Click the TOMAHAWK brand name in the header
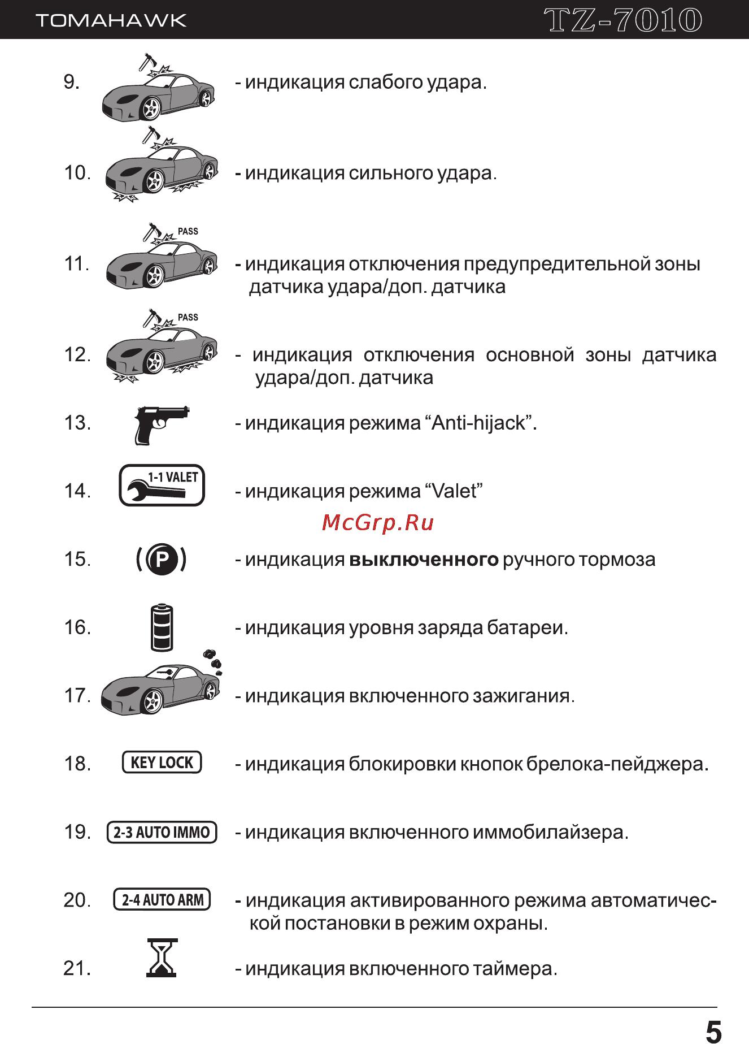(x=111, y=21)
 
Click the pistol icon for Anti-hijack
(x=160, y=423)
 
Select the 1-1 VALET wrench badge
(x=162, y=486)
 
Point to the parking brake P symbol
(x=162, y=560)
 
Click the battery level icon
(x=162, y=628)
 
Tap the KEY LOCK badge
(x=162, y=763)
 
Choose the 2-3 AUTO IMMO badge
(x=162, y=832)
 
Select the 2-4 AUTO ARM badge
(x=162, y=900)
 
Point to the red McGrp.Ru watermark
(x=377, y=523)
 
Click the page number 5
(x=713, y=1032)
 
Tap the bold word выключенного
(x=424, y=560)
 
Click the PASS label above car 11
(x=188, y=231)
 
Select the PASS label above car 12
(x=188, y=317)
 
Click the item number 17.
(x=77, y=696)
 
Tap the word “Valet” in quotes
(x=453, y=491)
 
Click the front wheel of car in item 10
(x=154, y=181)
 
